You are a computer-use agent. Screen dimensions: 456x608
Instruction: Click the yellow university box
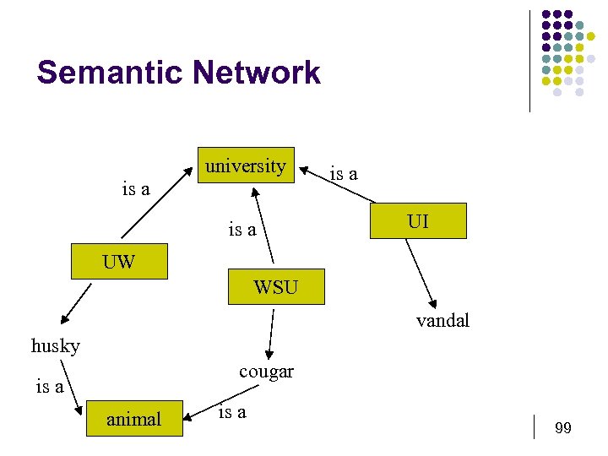click(246, 166)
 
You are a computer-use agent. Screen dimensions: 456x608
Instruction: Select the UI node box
click(417, 221)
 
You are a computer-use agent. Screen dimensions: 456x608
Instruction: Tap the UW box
click(118, 262)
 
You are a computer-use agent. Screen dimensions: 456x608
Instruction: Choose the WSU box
click(275, 287)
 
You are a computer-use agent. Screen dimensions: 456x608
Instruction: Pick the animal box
click(133, 418)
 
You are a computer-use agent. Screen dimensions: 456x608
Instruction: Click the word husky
click(56, 346)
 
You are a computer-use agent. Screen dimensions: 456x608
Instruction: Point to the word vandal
click(442, 321)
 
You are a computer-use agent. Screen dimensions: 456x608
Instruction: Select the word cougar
click(266, 372)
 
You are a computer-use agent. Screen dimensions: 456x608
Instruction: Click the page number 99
click(563, 429)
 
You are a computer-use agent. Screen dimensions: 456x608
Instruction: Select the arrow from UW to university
click(156, 204)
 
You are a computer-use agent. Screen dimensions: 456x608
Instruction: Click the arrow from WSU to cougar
click(270, 334)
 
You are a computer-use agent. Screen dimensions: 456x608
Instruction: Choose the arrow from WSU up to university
click(263, 225)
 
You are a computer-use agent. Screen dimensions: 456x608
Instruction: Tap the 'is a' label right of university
click(343, 174)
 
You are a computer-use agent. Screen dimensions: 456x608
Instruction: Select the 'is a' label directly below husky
click(50, 387)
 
